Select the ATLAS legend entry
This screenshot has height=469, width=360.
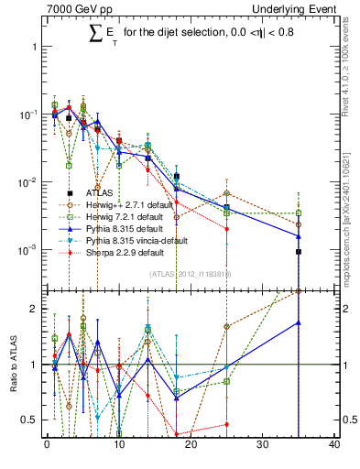[100, 193]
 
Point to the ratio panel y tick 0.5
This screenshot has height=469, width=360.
[32, 420]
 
